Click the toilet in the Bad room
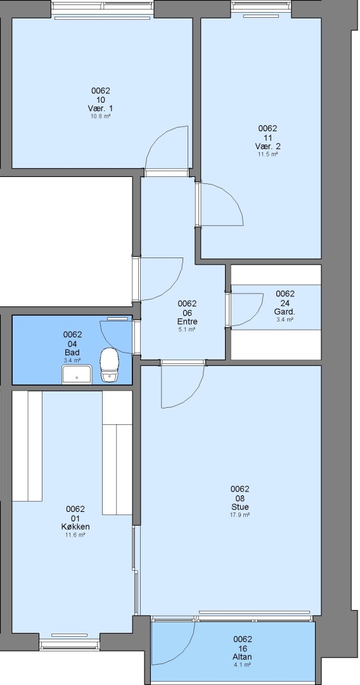coord(110,365)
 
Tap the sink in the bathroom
coord(77,375)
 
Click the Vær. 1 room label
coord(101,108)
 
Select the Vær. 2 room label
coord(268,146)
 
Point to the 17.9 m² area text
coord(240,515)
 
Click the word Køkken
coord(75,527)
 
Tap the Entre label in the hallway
coord(187,322)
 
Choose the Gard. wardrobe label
coord(285,312)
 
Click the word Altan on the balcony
coord(243,657)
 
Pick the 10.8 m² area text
coord(101,117)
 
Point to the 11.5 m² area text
coord(268,154)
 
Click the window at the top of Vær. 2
coord(261,6)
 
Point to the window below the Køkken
coord(69,644)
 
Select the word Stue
coord(240,507)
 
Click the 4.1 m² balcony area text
coord(243,665)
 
